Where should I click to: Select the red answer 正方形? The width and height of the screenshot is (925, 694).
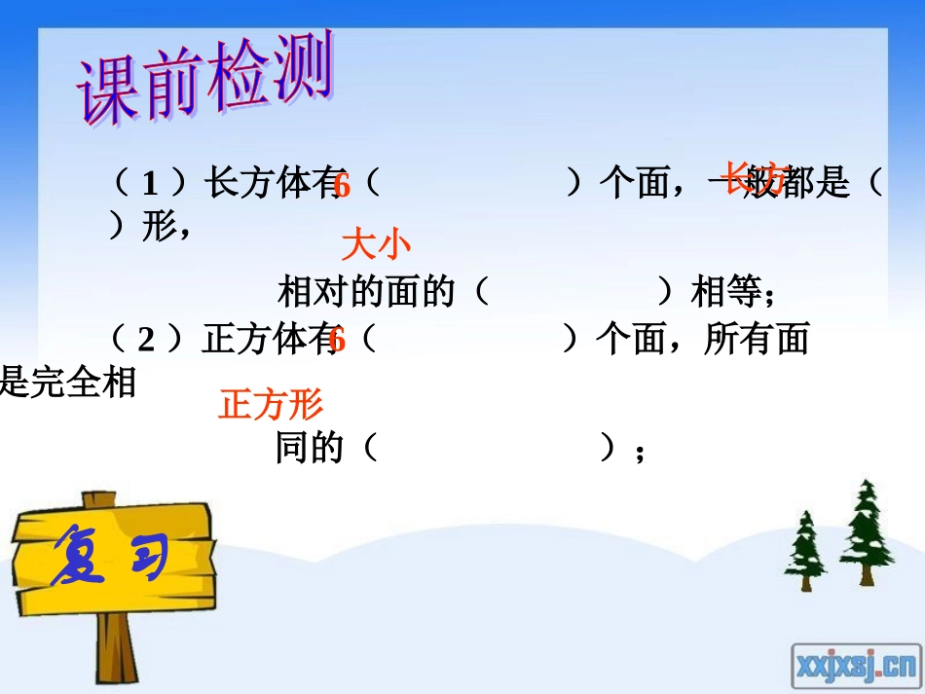tap(271, 404)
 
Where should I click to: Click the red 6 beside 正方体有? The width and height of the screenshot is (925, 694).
tap(338, 341)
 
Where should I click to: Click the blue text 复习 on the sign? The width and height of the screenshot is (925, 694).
tap(109, 558)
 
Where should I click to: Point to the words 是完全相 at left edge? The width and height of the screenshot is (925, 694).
tap(66, 383)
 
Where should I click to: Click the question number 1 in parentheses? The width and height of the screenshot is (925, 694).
tap(149, 183)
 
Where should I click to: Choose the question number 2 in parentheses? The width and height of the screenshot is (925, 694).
tap(147, 340)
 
